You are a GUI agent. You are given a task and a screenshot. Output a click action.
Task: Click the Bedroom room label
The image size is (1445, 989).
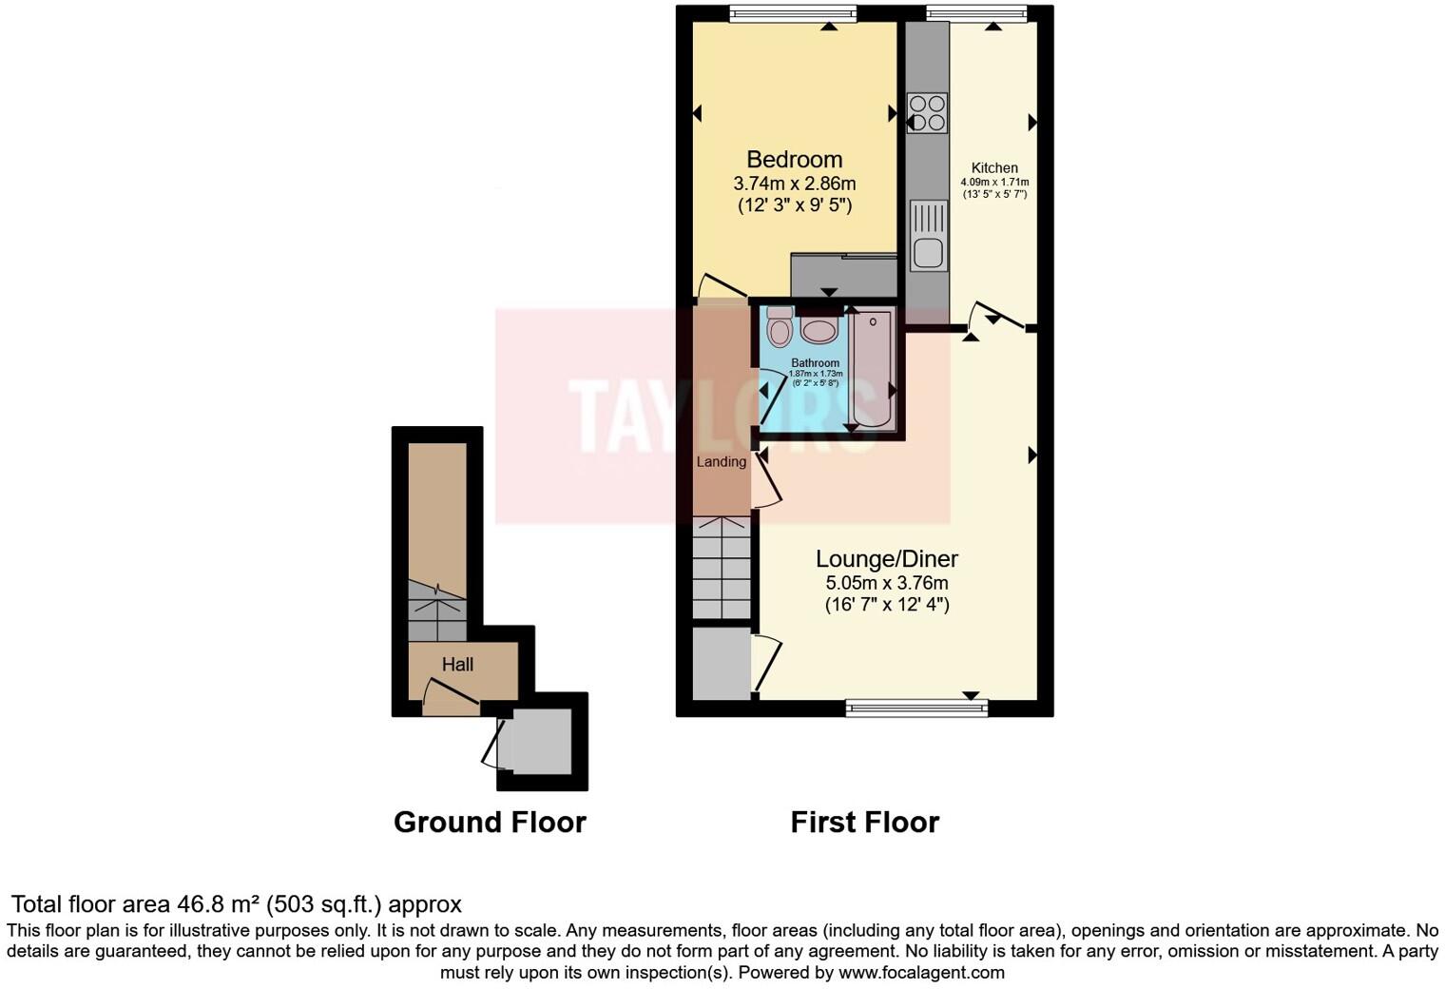794,160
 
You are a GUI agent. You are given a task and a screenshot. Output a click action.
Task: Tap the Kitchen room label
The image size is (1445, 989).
994,168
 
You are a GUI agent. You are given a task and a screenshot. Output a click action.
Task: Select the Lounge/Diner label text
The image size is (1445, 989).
886,559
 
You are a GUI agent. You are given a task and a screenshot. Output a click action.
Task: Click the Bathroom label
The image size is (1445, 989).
815,363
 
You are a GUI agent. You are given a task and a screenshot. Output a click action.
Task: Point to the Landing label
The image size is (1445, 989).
721,462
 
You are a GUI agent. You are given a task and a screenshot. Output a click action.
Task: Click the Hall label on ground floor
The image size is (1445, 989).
457,665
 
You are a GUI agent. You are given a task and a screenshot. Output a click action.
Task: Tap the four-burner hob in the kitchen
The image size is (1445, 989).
927,112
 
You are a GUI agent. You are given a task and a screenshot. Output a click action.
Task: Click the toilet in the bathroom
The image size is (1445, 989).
780,327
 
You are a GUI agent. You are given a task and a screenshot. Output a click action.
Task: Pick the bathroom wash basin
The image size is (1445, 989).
818,330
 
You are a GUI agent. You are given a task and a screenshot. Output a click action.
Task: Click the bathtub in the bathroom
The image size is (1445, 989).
873,371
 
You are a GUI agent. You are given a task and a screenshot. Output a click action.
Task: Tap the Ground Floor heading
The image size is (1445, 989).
490,823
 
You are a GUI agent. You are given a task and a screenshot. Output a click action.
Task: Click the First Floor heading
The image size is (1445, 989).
864,823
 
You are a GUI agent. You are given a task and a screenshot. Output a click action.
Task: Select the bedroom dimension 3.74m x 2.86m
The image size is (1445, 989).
794,184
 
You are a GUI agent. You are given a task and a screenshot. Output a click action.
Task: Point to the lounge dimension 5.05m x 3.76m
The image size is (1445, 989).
886,583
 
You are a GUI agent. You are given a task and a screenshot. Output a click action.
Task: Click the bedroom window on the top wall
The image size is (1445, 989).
793,13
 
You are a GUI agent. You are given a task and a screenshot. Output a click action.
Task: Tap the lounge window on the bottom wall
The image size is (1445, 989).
916,707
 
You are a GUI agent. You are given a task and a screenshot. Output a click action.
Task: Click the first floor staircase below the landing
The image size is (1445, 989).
722,569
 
